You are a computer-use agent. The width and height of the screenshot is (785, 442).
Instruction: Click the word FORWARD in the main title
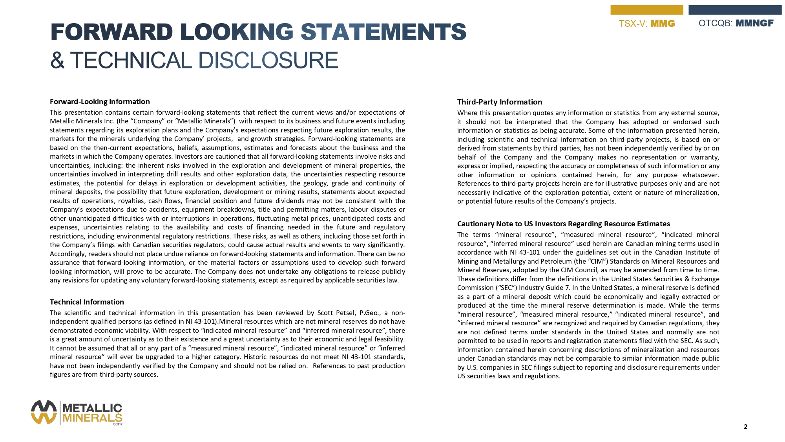[111, 32]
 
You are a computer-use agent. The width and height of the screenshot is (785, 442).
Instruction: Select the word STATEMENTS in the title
[383, 32]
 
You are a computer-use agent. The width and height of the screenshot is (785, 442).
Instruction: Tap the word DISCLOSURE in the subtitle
[268, 61]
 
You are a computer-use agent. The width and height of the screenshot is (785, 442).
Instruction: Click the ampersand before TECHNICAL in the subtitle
[57, 61]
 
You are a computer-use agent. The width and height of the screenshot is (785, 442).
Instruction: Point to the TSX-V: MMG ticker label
[647, 24]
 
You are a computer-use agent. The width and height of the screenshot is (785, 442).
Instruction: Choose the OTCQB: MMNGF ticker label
[736, 23]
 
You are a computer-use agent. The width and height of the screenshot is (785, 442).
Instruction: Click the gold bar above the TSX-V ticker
[646, 10]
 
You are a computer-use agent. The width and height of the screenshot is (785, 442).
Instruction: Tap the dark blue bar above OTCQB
[735, 10]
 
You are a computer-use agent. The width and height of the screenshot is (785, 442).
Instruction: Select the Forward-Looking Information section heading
[100, 102]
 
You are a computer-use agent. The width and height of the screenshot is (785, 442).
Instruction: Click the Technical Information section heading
[87, 302]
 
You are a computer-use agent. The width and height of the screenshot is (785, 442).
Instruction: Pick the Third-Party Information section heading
[499, 102]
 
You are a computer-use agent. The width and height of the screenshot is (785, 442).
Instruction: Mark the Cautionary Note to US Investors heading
[563, 224]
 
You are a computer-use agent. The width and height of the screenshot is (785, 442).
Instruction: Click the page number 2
[745, 427]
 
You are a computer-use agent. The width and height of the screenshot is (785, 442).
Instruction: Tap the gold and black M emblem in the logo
[44, 412]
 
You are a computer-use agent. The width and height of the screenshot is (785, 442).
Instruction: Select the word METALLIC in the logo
[92, 408]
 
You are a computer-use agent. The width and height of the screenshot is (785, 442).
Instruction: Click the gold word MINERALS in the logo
[92, 418]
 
